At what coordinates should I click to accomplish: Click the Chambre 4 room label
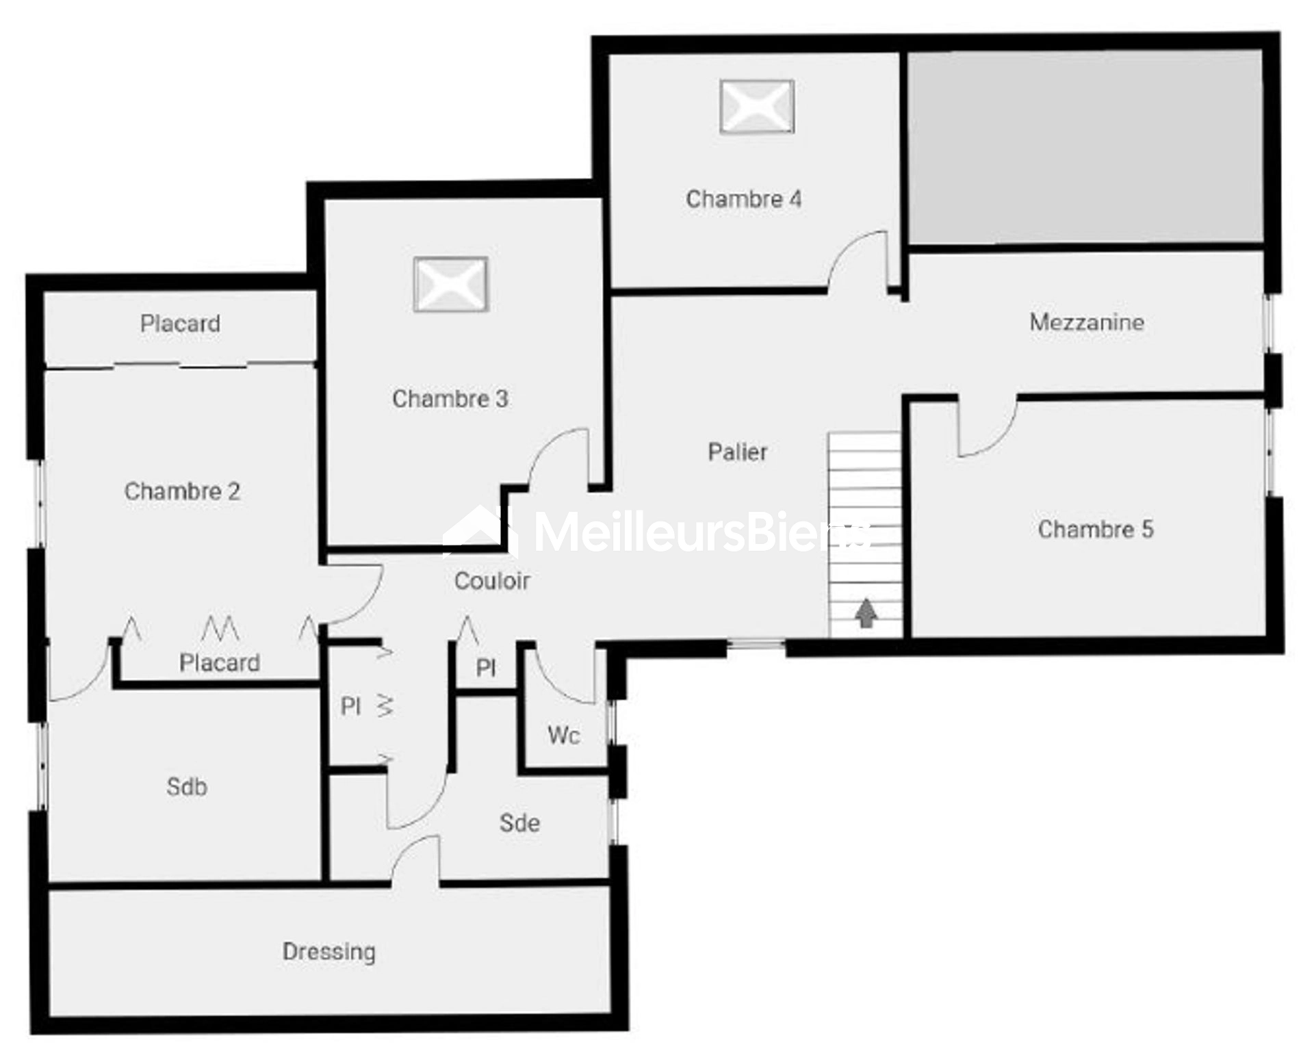tap(743, 199)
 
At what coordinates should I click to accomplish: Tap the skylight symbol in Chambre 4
tap(757, 106)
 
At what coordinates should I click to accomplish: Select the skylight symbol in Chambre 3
tap(450, 284)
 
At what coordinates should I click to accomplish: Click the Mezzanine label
tap(1087, 322)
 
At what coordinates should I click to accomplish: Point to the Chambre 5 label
tap(1096, 529)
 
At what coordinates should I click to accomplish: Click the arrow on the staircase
tap(866, 612)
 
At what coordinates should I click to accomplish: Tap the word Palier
tap(737, 452)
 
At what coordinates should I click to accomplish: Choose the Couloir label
tap(492, 581)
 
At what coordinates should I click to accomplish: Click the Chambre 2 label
tap(182, 491)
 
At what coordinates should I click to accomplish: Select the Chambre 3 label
tap(450, 398)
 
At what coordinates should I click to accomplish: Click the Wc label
tap(564, 736)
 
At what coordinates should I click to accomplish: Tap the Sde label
tap(519, 822)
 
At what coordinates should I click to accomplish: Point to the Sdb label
tap(187, 787)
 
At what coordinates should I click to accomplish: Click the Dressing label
tap(329, 952)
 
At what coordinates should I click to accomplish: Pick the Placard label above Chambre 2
tap(180, 323)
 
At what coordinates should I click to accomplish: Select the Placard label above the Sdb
tap(220, 662)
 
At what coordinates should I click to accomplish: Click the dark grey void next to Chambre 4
tap(1085, 146)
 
